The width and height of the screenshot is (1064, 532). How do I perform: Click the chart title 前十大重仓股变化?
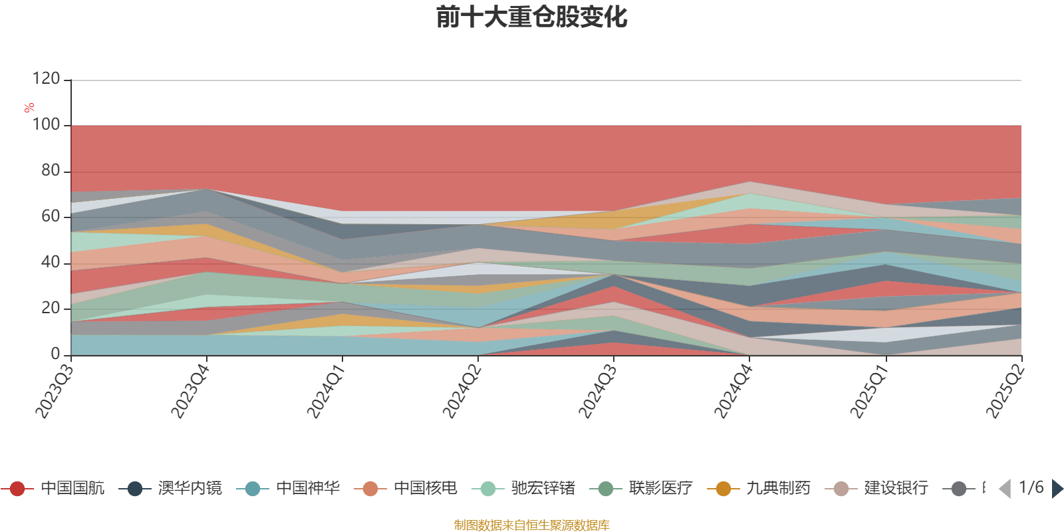[531, 18]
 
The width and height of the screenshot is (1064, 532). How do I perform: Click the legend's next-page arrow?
[1057, 489]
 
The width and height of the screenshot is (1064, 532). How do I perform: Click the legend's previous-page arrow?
[1005, 489]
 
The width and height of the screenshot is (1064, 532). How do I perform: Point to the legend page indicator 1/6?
[1031, 487]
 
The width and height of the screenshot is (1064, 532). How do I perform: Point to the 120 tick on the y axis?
[46, 79]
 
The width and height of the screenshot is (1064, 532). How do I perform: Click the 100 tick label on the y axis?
[46, 125]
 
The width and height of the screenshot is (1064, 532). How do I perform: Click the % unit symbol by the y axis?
[29, 108]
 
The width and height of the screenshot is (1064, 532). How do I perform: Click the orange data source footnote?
[531, 525]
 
